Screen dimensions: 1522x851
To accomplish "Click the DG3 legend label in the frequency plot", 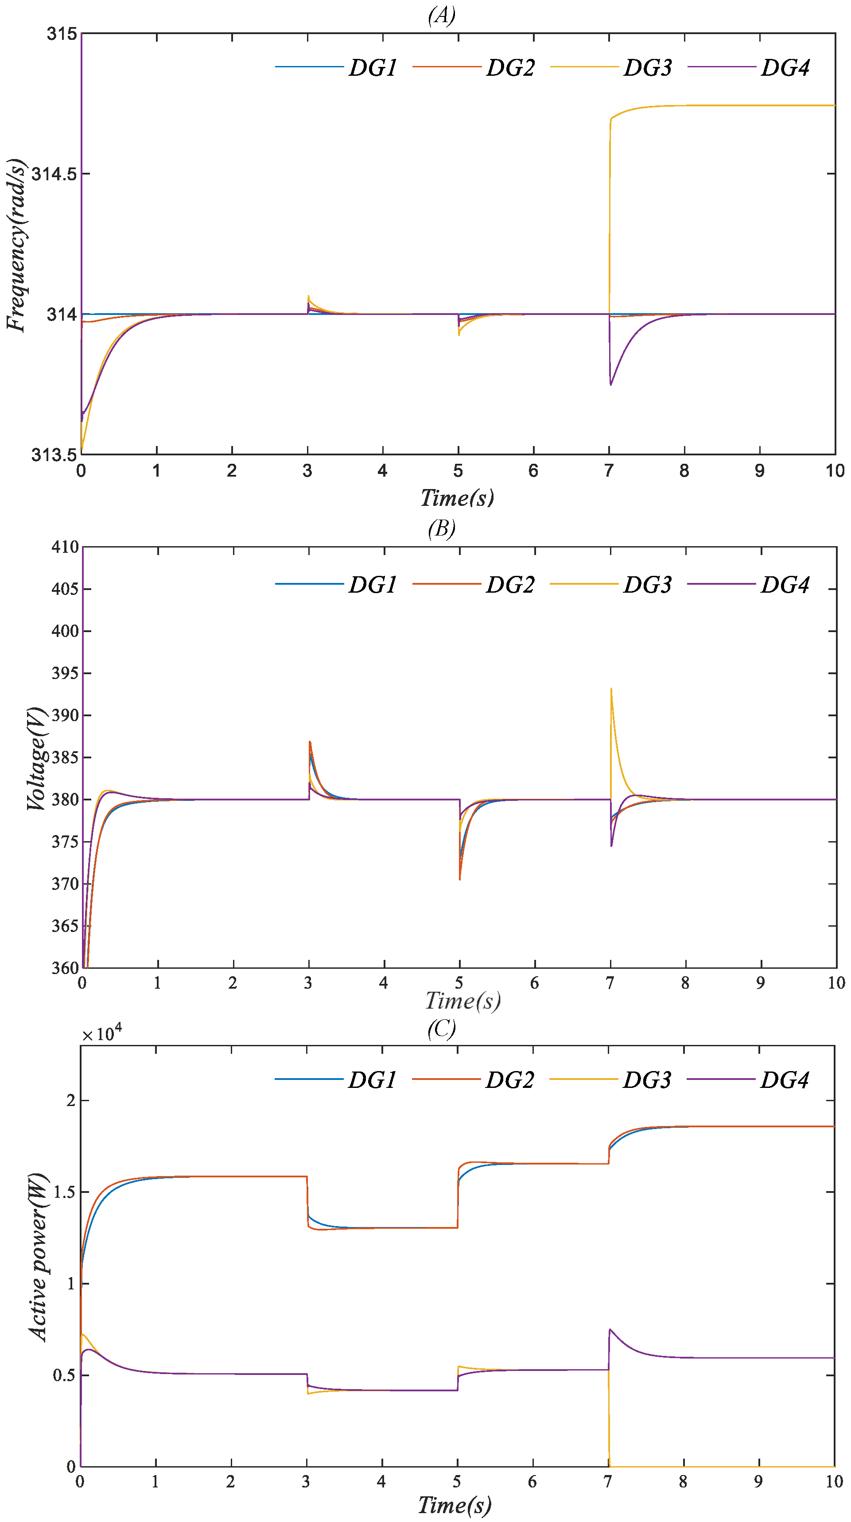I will [648, 67].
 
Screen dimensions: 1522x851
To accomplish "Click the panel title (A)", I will [442, 15].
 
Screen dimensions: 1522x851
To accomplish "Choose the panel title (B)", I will [442, 528].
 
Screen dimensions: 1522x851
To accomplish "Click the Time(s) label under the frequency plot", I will [457, 497].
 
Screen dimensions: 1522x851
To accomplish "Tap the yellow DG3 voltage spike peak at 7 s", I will [611, 688].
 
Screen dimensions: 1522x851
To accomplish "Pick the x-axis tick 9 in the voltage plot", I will [760, 983].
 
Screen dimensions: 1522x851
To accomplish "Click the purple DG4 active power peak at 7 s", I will [610, 1329].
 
